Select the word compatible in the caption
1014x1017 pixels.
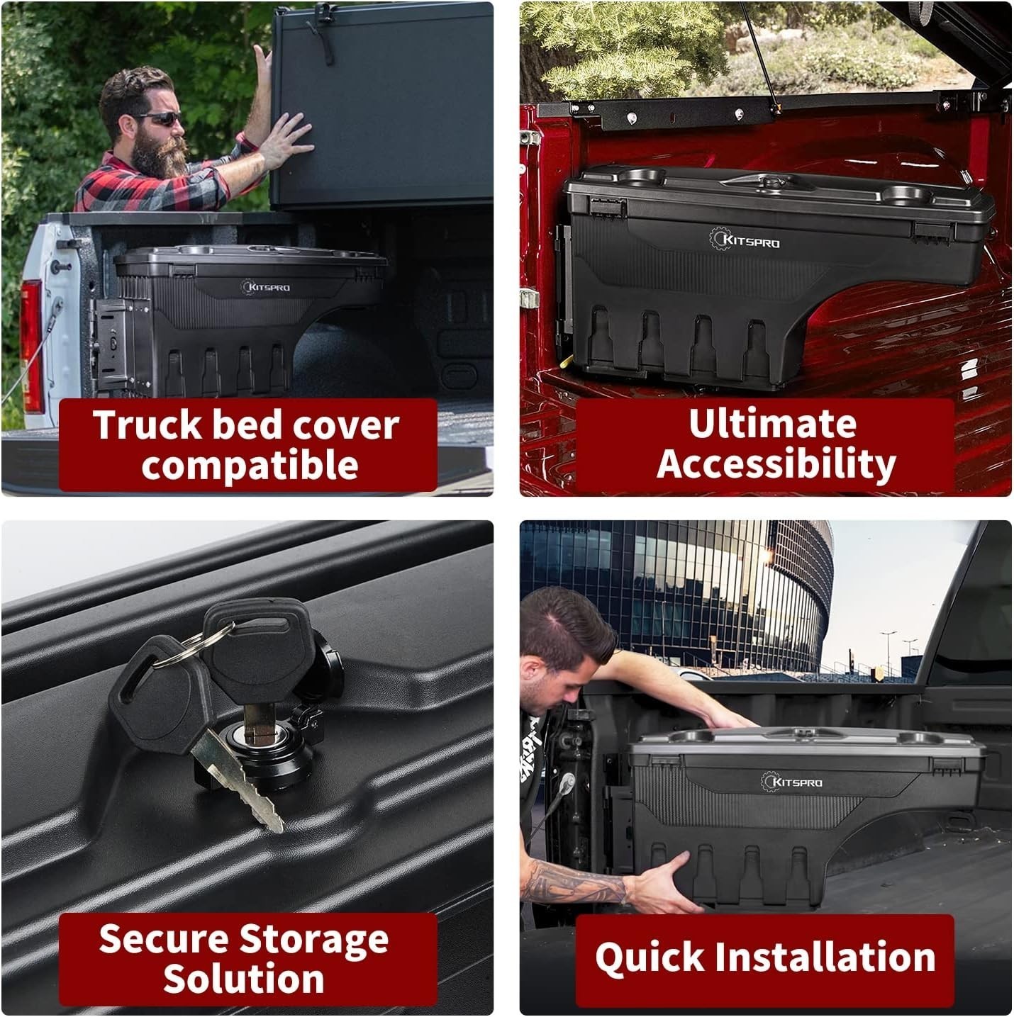coord(250,464)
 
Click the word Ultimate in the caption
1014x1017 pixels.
coord(772,424)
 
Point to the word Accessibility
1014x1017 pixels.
coord(776,464)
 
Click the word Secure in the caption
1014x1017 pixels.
coord(165,940)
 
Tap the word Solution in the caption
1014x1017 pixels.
coord(243,979)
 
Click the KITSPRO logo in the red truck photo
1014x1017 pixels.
coord(744,240)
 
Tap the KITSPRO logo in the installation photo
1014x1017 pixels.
coord(791,782)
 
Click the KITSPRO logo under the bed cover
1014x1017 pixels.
coord(266,287)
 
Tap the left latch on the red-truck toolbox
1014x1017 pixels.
coord(608,208)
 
